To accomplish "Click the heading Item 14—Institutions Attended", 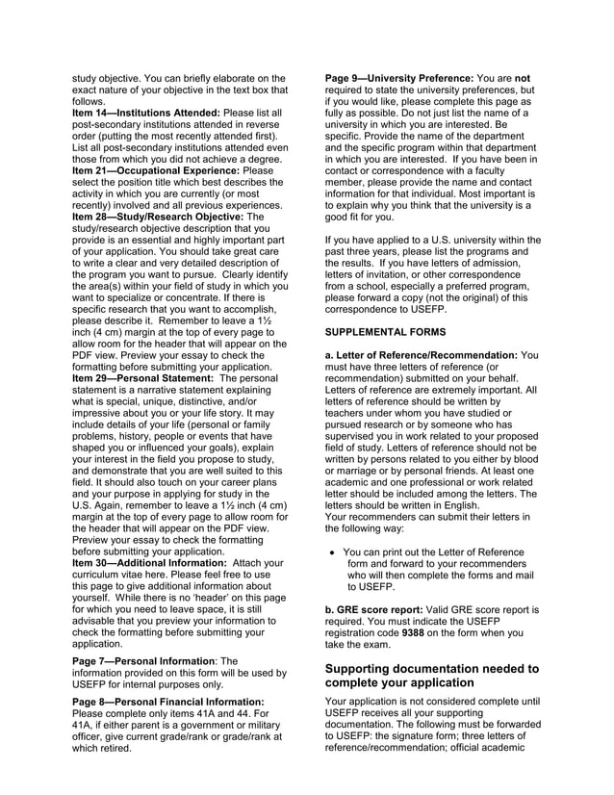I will (152, 114).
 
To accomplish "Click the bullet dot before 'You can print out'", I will (332, 552).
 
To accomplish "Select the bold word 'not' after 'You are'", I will (523, 77).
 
